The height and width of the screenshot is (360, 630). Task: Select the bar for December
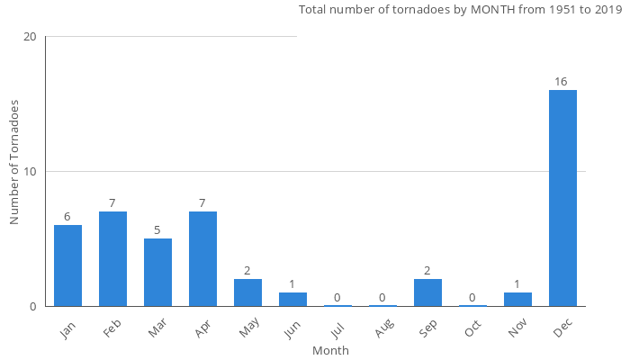pos(562,198)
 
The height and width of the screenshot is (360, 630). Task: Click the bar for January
pos(67,265)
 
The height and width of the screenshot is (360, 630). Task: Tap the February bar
pos(112,259)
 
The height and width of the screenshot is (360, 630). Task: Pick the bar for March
pos(157,272)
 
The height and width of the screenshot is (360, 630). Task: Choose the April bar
pos(202,259)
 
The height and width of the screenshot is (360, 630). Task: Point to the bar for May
pos(247,292)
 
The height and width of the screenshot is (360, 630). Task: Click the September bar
pos(427,292)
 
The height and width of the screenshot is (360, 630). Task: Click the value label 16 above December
pos(561,82)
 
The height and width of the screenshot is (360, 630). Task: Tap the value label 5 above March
pos(157,230)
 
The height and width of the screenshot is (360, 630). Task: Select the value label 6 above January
pos(67,217)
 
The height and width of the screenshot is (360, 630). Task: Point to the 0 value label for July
pos(337,298)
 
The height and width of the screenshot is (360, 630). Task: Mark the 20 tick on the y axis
pos(31,37)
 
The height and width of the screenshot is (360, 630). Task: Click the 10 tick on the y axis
pos(31,172)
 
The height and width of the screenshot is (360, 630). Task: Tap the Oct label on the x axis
pos(472,329)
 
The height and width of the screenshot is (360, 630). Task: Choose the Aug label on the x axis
pos(382,329)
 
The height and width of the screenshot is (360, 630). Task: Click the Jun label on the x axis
pos(292,329)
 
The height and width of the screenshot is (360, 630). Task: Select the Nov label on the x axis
pos(517,329)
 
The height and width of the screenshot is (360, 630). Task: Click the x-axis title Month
pos(330,351)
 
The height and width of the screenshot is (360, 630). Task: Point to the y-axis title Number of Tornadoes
pos(14,162)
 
